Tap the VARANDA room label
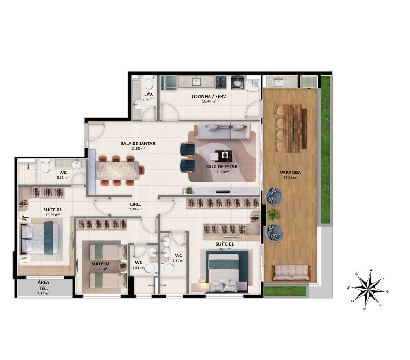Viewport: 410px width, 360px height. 292,172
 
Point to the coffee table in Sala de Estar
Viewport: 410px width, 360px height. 222,156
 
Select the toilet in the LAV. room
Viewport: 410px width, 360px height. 149,83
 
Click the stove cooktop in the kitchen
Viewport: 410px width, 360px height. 221,82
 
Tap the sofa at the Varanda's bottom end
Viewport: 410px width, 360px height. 291,272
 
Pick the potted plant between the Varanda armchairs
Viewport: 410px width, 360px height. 273,215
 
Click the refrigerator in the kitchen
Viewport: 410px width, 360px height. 169,82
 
